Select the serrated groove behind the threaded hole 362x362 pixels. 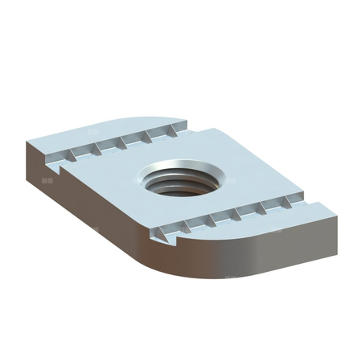[x=121, y=143]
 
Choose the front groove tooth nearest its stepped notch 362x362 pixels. [x=164, y=235]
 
